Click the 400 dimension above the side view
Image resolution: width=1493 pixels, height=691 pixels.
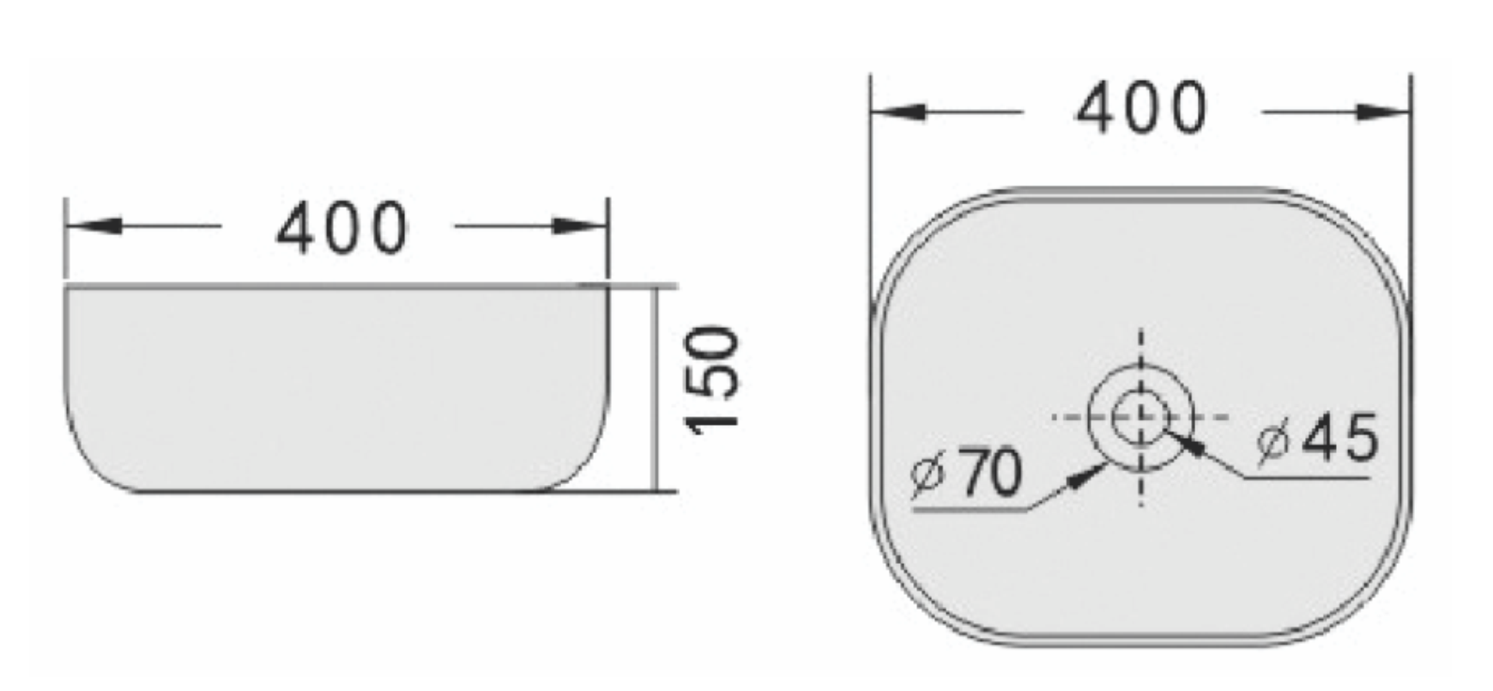(342, 228)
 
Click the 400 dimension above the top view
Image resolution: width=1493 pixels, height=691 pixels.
(1140, 109)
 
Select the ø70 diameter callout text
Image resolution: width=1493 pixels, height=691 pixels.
(967, 473)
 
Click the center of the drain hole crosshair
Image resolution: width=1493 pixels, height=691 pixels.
(1140, 418)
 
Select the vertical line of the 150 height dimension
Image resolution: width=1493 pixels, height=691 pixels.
(657, 389)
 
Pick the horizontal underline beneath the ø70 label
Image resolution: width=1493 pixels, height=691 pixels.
(970, 510)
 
